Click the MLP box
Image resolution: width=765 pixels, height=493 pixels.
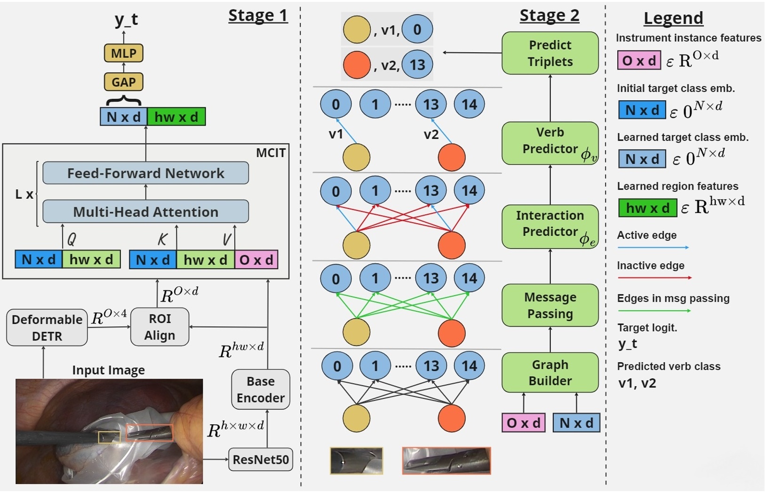coord(123,53)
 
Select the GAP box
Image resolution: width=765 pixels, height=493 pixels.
coord(123,82)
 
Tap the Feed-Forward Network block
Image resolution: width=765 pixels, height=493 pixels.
coord(145,173)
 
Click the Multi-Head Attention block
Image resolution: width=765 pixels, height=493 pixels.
coord(145,211)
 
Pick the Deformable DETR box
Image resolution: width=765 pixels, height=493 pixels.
coord(47,327)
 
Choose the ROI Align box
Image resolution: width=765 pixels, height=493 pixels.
coord(159,327)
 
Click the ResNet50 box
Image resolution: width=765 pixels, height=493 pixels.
coord(260,459)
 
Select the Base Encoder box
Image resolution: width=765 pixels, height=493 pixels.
coord(260,389)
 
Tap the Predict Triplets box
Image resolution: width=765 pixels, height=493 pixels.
coord(550,53)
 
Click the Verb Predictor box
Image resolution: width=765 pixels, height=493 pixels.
coord(550,143)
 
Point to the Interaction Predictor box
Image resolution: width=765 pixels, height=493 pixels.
coord(550,226)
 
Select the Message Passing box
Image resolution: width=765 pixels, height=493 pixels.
coord(550,305)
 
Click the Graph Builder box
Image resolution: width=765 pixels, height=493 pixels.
coord(550,372)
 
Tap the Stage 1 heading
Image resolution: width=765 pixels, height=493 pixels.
coord(258,16)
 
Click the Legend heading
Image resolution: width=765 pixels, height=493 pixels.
coord(673,18)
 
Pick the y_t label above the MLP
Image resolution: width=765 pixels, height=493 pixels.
coord(126,19)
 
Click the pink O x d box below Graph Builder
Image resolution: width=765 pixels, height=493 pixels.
coord(523,423)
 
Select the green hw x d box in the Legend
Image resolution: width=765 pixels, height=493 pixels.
coord(647,208)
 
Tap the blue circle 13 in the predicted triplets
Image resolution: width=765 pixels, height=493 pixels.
coord(417,65)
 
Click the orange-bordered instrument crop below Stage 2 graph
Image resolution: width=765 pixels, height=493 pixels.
coord(446,461)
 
